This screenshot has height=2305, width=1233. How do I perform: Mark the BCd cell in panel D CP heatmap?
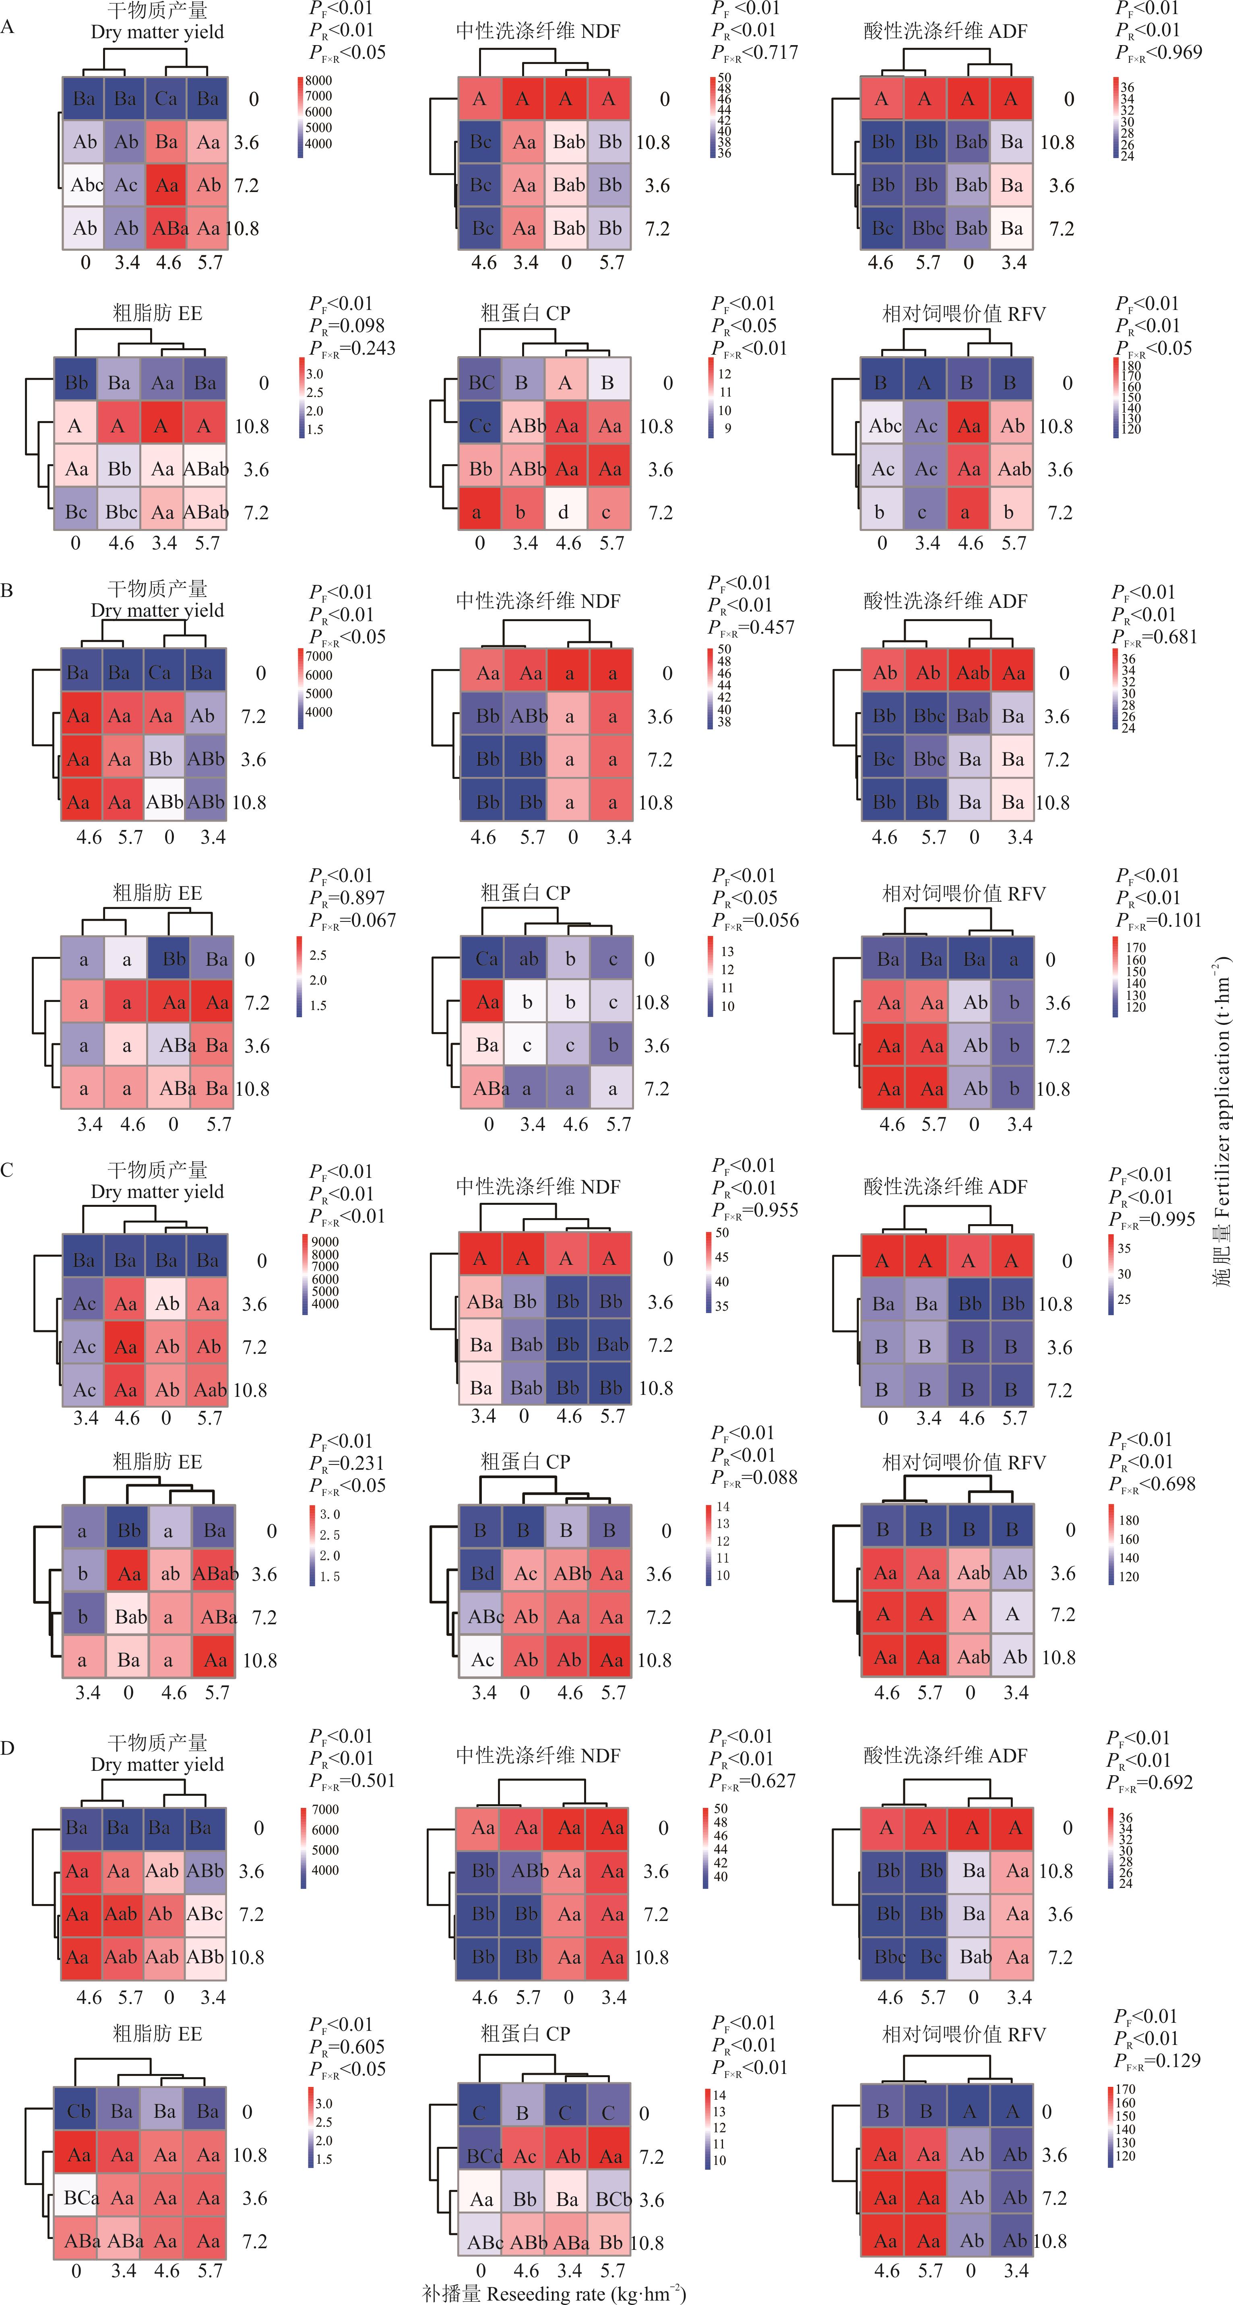(x=484, y=2156)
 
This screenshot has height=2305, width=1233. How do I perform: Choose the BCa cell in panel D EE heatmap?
(x=81, y=2198)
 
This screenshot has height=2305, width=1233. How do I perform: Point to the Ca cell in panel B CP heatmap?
(x=486, y=959)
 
